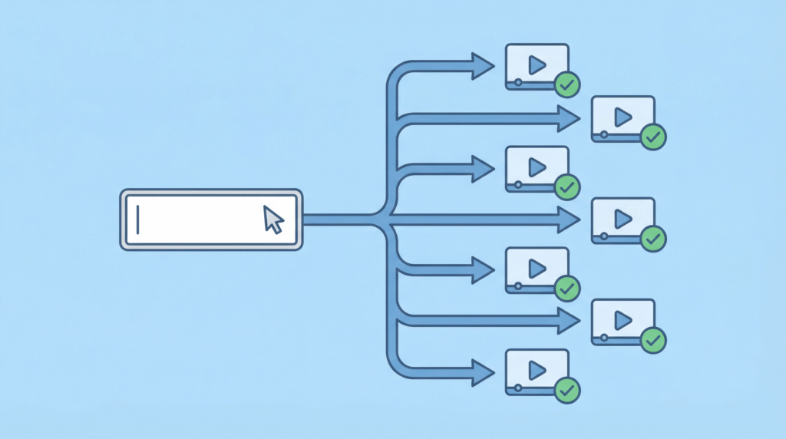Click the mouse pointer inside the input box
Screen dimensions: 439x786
click(272, 219)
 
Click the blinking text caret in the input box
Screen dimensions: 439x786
click(138, 219)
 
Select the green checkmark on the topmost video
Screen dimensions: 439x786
click(567, 84)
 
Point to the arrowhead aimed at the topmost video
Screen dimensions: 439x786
click(484, 66)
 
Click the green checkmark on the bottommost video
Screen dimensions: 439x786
click(567, 390)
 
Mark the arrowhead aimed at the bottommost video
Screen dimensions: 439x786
click(484, 372)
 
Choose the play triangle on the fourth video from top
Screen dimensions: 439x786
click(623, 219)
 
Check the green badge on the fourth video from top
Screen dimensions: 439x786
click(653, 239)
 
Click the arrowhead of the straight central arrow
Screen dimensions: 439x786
click(569, 220)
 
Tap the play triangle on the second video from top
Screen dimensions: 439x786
click(623, 116)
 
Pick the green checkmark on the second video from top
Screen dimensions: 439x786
click(653, 137)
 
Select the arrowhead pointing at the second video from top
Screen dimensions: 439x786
click(569, 118)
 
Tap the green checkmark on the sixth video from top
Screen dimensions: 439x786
click(653, 339)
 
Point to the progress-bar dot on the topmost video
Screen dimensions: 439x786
click(518, 81)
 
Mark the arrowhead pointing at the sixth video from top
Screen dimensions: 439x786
click(569, 322)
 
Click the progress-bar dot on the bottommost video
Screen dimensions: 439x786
click(518, 388)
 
